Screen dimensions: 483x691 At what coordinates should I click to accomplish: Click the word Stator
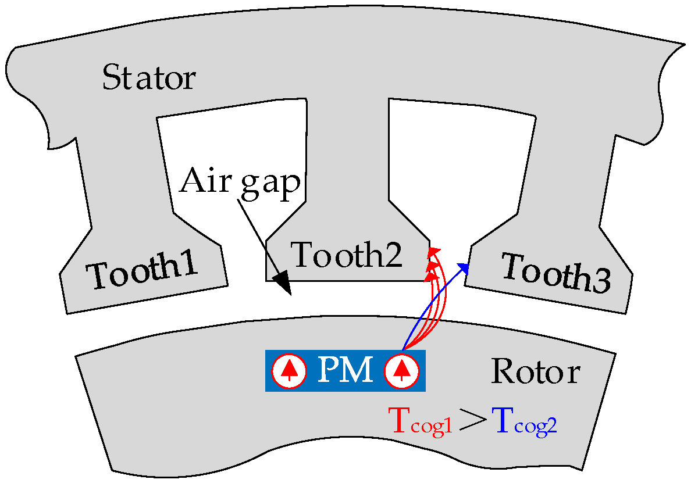click(149, 77)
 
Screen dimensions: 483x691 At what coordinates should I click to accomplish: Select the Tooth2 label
click(347, 255)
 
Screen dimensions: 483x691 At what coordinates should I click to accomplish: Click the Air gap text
click(240, 182)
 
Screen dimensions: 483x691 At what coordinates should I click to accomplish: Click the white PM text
click(345, 371)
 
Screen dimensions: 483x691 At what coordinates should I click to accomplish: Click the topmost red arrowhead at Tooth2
click(433, 252)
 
